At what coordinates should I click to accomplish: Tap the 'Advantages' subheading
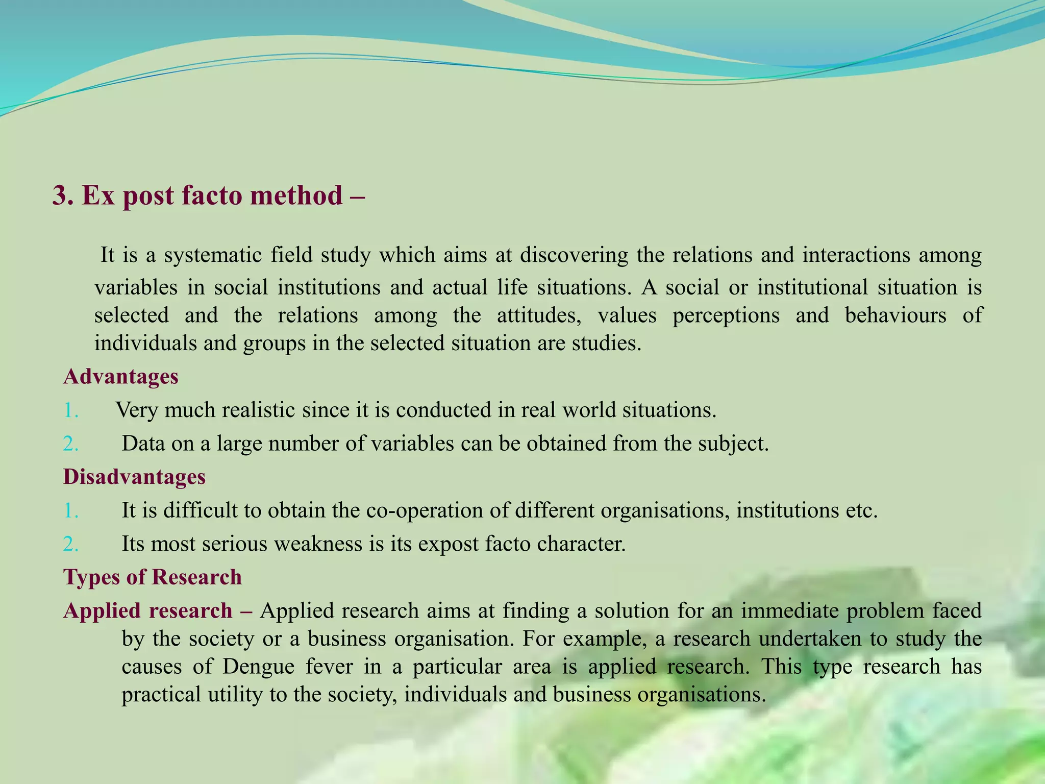pyautogui.click(x=121, y=377)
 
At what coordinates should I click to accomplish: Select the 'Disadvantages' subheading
pyautogui.click(x=134, y=477)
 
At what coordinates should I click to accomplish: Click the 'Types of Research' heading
pyautogui.click(x=153, y=577)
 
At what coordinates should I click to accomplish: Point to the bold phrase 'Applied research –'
pyautogui.click(x=158, y=611)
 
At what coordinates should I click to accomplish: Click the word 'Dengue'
pyautogui.click(x=258, y=667)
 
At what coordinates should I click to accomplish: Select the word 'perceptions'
pyautogui.click(x=726, y=315)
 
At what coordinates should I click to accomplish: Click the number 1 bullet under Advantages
pyautogui.click(x=71, y=410)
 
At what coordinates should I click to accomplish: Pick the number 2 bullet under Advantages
pyautogui.click(x=71, y=444)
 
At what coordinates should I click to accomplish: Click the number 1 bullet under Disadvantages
pyautogui.click(x=71, y=510)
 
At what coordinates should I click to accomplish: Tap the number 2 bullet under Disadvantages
pyautogui.click(x=71, y=544)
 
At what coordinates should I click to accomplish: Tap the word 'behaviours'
pyautogui.click(x=895, y=315)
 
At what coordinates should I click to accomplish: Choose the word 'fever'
pyautogui.click(x=329, y=667)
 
